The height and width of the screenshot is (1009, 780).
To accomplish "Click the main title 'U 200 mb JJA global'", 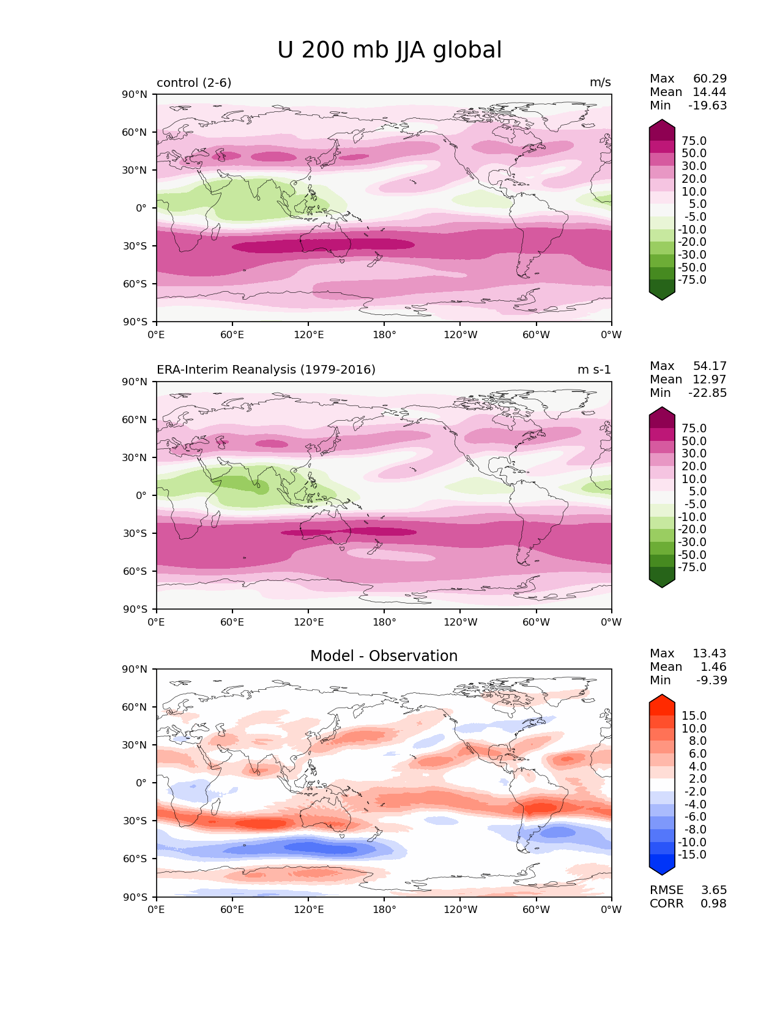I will [389, 50].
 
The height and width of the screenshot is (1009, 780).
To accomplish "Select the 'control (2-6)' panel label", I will [194, 83].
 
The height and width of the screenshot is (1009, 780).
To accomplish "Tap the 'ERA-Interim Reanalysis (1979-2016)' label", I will [266, 370].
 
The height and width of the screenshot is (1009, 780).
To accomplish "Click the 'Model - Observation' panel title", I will [384, 656].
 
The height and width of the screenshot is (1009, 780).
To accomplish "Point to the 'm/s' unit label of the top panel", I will [600, 83].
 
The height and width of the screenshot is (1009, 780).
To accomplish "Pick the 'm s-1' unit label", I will [594, 370].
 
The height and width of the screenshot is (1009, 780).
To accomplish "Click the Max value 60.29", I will [710, 79].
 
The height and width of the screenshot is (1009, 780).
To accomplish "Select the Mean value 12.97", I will [709, 380].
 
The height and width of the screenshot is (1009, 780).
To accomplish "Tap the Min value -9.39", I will [711, 681].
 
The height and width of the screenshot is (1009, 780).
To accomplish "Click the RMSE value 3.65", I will [713, 890].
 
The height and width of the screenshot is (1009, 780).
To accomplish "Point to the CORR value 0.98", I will [713, 904].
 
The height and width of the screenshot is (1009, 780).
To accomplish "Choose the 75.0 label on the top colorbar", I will [694, 141].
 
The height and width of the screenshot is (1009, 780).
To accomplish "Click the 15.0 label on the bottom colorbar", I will [694, 716].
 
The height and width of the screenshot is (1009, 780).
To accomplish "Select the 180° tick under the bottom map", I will [384, 910].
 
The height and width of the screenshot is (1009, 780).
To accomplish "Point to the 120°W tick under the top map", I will [460, 335].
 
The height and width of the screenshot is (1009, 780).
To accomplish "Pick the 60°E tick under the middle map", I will [232, 623].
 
